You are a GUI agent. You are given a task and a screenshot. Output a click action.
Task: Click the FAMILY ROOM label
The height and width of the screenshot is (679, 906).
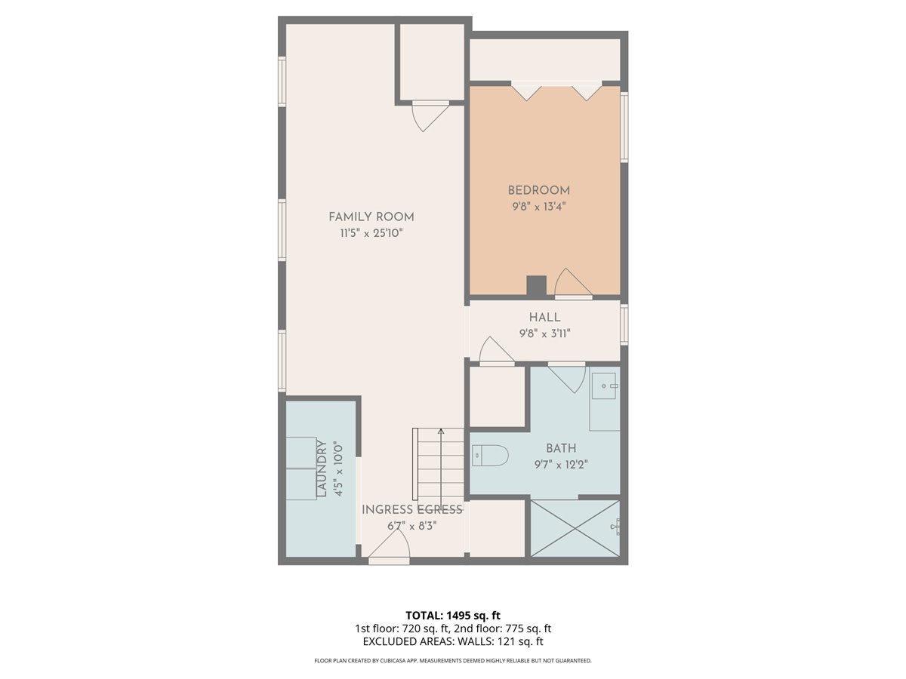[371, 217]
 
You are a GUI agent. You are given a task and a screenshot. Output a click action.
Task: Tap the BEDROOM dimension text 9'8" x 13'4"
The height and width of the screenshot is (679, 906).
[538, 205]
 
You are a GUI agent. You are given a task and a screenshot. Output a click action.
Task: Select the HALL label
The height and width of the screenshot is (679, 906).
[544, 318]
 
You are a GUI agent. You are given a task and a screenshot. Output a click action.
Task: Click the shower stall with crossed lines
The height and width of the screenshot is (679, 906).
[575, 528]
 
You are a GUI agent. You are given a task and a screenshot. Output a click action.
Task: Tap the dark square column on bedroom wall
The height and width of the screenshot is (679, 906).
[536, 286]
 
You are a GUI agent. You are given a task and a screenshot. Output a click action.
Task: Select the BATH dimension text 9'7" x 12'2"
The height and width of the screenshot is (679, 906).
[561, 464]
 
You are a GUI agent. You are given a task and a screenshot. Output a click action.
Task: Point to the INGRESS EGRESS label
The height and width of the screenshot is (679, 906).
[411, 510]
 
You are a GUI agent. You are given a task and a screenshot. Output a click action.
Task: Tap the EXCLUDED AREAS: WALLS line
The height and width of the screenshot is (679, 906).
[452, 642]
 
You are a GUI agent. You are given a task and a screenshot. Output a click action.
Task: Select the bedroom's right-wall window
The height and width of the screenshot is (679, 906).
[624, 127]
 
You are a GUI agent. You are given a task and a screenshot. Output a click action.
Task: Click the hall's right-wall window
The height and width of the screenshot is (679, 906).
[624, 324]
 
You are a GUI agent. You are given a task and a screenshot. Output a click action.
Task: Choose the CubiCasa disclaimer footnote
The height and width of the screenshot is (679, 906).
[452, 661]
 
